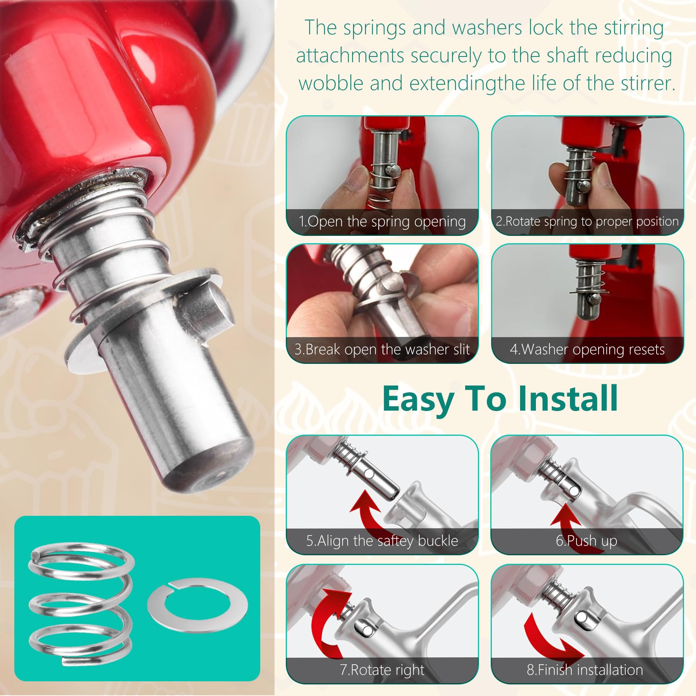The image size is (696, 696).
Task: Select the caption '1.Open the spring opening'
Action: click(x=382, y=222)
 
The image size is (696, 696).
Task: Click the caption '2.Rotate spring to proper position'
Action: click(x=587, y=222)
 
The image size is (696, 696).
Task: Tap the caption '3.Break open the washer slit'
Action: click(x=382, y=350)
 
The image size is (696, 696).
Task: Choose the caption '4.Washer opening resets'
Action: click(x=587, y=350)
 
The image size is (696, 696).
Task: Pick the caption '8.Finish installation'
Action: click(x=585, y=670)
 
